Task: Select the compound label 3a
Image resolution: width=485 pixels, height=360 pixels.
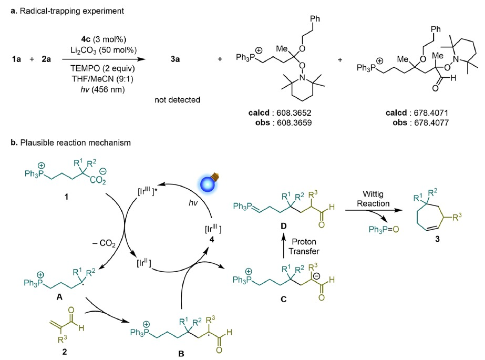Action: click(x=176, y=59)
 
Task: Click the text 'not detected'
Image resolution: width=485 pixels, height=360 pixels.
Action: click(x=178, y=99)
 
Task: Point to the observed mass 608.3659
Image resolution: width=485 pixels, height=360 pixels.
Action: click(x=294, y=123)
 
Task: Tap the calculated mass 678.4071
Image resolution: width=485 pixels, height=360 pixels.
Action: click(x=431, y=112)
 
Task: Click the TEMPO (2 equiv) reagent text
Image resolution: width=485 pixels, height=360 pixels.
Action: click(x=102, y=68)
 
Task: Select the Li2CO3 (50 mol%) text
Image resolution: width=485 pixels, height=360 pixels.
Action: click(x=104, y=50)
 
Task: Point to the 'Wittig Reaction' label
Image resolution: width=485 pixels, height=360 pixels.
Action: click(x=373, y=199)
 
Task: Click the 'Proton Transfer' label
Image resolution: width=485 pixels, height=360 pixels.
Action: click(x=304, y=246)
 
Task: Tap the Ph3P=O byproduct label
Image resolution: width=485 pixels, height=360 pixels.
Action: click(x=384, y=230)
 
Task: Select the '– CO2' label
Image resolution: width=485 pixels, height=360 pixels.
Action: click(x=104, y=244)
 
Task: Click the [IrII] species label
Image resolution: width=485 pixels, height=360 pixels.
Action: click(x=144, y=263)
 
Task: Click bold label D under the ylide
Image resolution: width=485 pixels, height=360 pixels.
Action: click(x=283, y=226)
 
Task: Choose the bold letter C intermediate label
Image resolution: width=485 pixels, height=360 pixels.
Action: click(x=283, y=299)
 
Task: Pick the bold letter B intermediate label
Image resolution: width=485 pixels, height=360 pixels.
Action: click(x=181, y=354)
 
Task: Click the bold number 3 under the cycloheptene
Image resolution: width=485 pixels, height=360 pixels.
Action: click(x=437, y=239)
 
